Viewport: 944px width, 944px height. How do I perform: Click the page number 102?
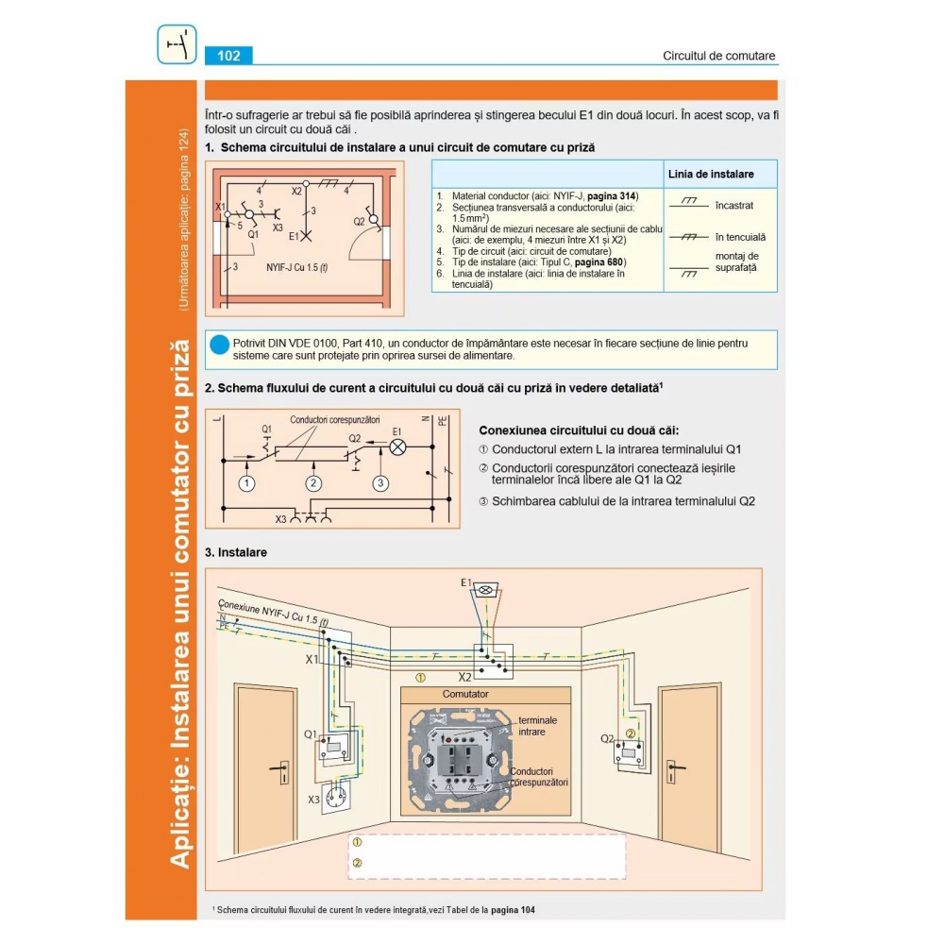[x=228, y=56]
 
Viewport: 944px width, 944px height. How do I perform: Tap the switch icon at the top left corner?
[x=177, y=44]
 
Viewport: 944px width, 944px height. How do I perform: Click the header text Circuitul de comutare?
[x=719, y=56]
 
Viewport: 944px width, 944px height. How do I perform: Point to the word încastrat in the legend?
[x=733, y=204]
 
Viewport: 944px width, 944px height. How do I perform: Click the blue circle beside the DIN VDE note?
[x=219, y=346]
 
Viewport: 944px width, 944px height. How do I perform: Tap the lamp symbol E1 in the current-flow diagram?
[x=397, y=448]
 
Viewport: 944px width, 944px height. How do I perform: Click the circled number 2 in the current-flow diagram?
[x=313, y=483]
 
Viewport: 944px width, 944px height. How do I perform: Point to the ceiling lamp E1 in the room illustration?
[x=487, y=586]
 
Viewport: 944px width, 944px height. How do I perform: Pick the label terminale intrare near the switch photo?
[x=537, y=726]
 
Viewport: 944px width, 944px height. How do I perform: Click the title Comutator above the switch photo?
[x=465, y=694]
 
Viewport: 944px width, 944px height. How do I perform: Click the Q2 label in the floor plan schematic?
[x=359, y=222]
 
